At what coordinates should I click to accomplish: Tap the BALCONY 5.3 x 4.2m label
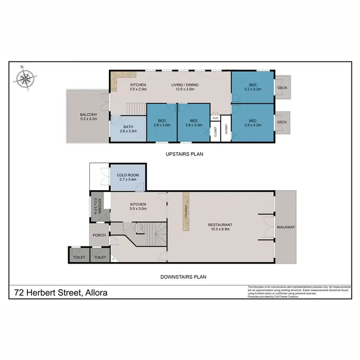pyautogui.click(x=88, y=117)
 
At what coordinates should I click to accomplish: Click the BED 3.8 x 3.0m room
pyautogui.click(x=161, y=123)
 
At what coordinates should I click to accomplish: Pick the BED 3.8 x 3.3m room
pyautogui.click(x=193, y=123)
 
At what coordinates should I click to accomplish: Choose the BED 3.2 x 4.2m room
pyautogui.click(x=252, y=87)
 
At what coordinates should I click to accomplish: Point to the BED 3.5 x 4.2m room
pyautogui.click(x=252, y=122)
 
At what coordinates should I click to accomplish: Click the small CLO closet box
pyautogui.click(x=215, y=117)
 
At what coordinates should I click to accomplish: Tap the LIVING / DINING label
pyautogui.click(x=185, y=85)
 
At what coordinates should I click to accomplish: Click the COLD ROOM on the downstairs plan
pyautogui.click(x=128, y=178)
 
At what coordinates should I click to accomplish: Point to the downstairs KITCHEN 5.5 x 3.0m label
pyautogui.click(x=138, y=206)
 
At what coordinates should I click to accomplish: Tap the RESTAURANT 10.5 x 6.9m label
pyautogui.click(x=220, y=227)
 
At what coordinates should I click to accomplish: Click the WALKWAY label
pyautogui.click(x=286, y=226)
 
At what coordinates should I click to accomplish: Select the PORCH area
pyautogui.click(x=100, y=235)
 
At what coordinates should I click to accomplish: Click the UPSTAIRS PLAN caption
pyautogui.click(x=185, y=154)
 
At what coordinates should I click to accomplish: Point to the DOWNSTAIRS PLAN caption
pyautogui.click(x=185, y=276)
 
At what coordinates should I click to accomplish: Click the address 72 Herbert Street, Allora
pyautogui.click(x=60, y=292)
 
